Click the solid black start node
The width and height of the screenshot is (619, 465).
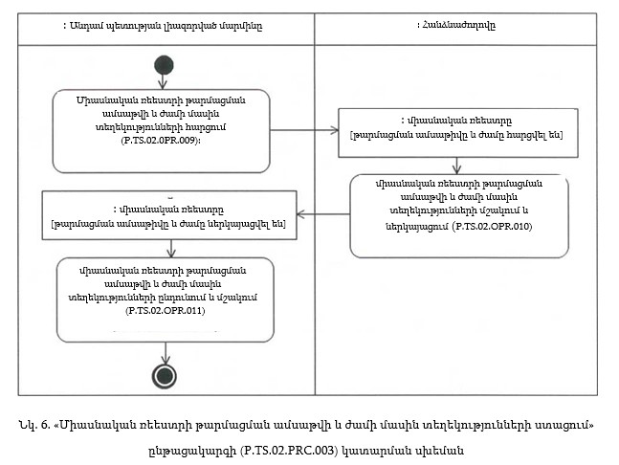164,66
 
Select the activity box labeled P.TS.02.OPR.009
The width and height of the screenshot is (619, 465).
162,124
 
